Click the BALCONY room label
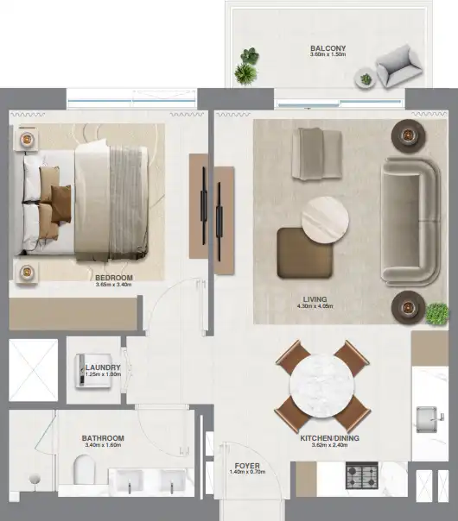pyautogui.click(x=328, y=48)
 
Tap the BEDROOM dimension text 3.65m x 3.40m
pyautogui.click(x=113, y=285)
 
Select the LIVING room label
pyautogui.click(x=315, y=299)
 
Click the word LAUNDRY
pyautogui.click(x=103, y=367)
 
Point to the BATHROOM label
pyautogui.click(x=103, y=438)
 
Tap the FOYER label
pyautogui.click(x=247, y=466)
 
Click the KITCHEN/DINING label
pyautogui.click(x=329, y=438)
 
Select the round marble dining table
pyautogui.click(x=321, y=386)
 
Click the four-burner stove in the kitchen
pyautogui.click(x=362, y=475)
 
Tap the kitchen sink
pyautogui.click(x=427, y=419)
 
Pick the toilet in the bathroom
pyautogui.click(x=84, y=469)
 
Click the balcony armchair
pyautogui.click(x=399, y=66)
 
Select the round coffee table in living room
pyautogui.click(x=325, y=220)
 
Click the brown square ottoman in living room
pyautogui.click(x=305, y=253)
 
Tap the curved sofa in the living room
pyautogui.click(x=410, y=222)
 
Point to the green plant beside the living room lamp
pyautogui.click(x=437, y=314)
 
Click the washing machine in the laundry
pyautogui.click(x=93, y=371)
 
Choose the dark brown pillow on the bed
pyautogui.click(x=61, y=204)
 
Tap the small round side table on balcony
pyautogui.click(x=366, y=78)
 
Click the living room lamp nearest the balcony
pyautogui.click(x=408, y=135)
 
